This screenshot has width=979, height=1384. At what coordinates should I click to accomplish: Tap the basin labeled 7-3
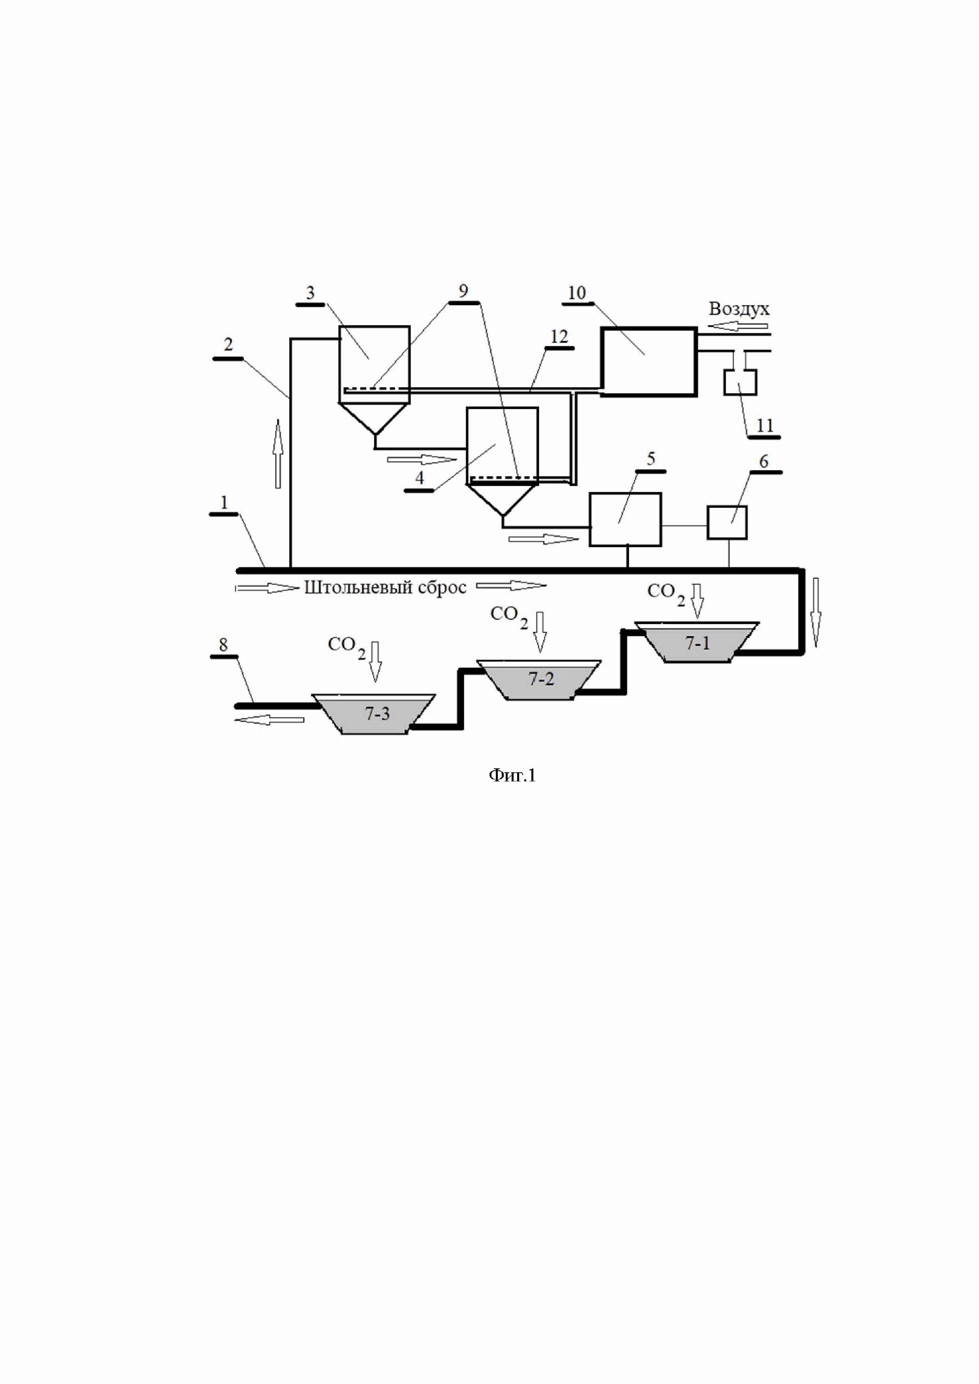pos(376,714)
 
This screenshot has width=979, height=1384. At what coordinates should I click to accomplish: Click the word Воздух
pos(739,309)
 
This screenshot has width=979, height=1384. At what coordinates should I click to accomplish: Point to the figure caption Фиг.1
pos(512,775)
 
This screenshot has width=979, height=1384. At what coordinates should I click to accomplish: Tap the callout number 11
pos(764,425)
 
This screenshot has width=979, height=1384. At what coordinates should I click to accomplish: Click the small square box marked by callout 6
pos(727,522)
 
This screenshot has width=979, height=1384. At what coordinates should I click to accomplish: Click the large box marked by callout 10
pos(649,361)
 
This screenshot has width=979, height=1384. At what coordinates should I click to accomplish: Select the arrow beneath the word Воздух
pos(739,326)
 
